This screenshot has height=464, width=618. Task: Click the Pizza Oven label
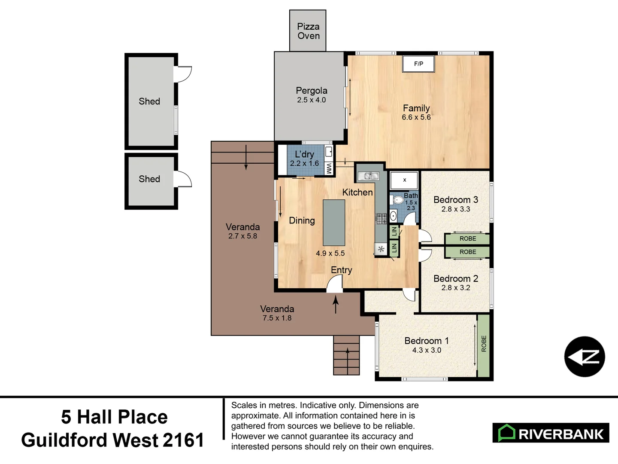308,31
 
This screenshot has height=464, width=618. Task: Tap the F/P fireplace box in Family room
418,64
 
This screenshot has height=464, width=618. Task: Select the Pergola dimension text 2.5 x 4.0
311,100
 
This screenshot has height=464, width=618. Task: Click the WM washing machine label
329,168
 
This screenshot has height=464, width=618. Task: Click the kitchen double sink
369,176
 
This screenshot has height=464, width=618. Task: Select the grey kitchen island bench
334,222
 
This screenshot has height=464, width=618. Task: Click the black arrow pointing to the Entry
336,305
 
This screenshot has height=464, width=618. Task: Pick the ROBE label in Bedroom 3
467,239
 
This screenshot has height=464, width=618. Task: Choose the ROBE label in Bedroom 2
467,252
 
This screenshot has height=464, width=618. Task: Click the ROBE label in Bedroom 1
484,344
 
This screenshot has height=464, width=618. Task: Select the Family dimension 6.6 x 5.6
416,117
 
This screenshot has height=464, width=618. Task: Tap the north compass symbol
585,357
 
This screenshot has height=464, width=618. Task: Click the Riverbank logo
551,433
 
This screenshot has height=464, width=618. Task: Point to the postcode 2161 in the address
183,440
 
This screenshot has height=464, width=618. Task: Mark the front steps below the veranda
346,355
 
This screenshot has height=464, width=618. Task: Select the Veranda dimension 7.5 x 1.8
277,318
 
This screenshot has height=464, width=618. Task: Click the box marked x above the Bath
404,180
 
